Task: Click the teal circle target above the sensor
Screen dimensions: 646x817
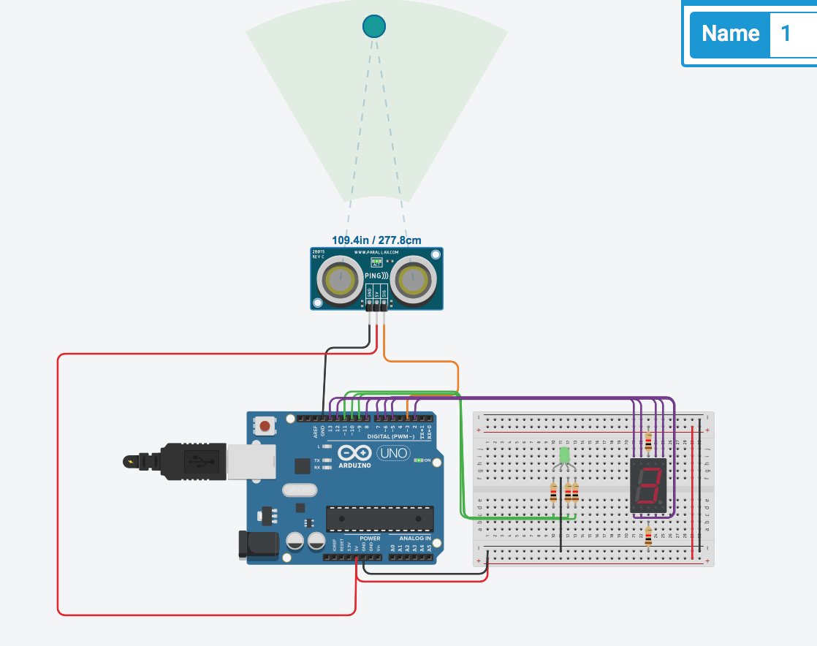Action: coord(373,26)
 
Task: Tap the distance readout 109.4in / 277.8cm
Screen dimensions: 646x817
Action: coord(376,240)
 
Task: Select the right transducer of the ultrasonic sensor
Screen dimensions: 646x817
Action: coord(411,278)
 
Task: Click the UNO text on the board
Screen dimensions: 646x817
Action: coord(393,454)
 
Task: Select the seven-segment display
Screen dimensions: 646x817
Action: coord(647,485)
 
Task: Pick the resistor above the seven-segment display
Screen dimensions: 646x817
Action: coord(649,438)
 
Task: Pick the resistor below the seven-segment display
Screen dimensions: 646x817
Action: coord(649,537)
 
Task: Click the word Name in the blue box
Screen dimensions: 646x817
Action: coord(730,34)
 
